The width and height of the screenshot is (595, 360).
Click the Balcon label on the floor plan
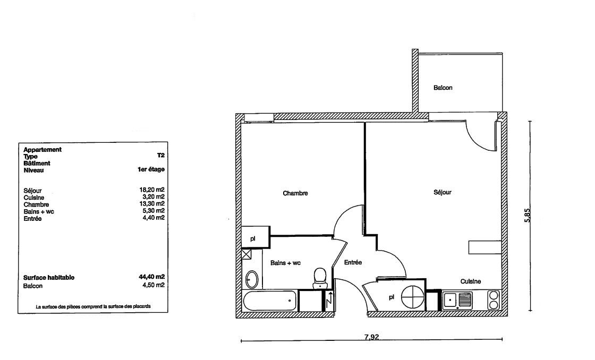click(443, 88)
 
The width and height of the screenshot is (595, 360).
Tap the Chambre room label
click(295, 193)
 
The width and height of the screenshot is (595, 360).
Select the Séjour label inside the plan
click(443, 192)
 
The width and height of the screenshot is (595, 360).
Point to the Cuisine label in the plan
click(471, 281)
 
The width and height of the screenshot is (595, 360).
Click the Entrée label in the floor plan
click(353, 262)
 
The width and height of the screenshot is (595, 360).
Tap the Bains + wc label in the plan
click(285, 262)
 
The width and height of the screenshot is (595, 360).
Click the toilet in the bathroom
click(320, 278)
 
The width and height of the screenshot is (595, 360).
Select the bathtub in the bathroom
click(270, 301)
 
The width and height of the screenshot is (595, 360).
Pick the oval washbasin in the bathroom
click(251, 280)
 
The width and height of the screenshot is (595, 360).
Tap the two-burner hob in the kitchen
click(494, 300)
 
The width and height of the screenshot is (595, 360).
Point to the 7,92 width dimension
click(371, 337)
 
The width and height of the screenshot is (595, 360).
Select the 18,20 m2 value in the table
click(152, 190)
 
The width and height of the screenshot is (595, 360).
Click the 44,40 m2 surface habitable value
click(152, 277)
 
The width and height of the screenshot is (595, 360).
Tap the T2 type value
click(161, 156)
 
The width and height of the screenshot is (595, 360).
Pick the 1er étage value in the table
click(151, 169)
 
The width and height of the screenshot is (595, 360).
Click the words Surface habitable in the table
click(49, 278)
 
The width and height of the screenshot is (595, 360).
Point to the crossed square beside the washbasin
click(246, 254)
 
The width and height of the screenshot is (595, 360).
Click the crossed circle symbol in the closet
click(412, 297)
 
